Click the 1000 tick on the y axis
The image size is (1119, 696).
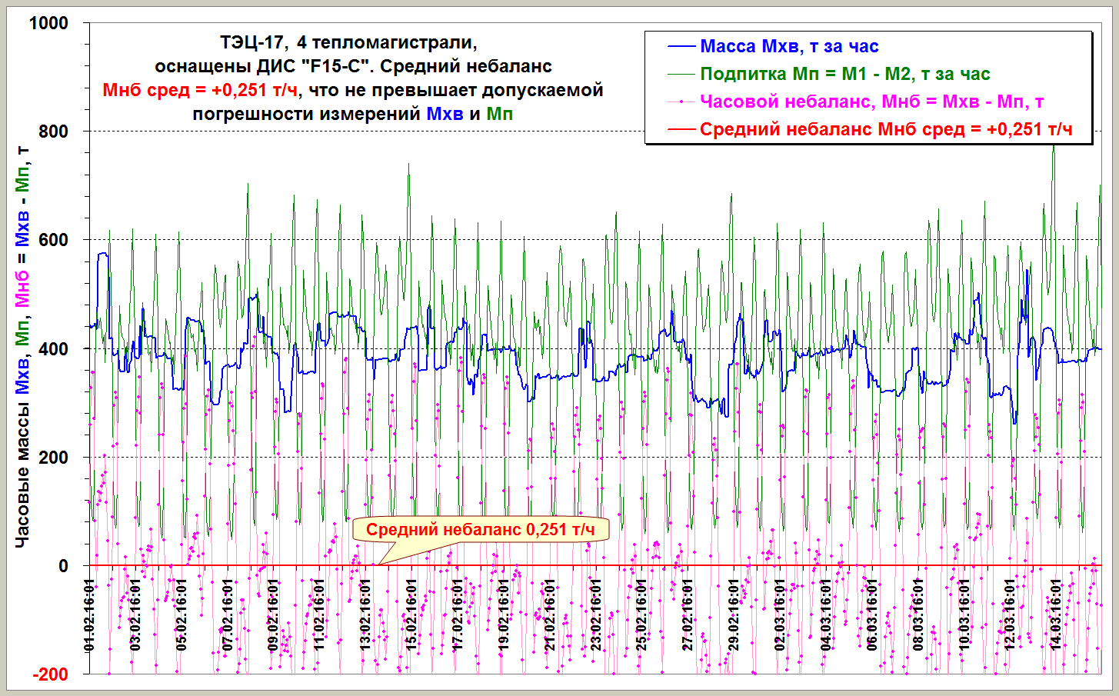coord(48,23)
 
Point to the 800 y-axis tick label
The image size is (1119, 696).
coord(53,132)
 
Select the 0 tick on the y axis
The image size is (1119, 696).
coord(64,566)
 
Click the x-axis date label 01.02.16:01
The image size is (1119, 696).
coord(89,614)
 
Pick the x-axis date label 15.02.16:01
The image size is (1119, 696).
coord(411,614)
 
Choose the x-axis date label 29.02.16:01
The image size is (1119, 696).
coord(734,614)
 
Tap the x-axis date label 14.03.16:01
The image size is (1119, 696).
coord(1056,614)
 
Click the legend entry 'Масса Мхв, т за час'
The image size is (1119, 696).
coord(789,46)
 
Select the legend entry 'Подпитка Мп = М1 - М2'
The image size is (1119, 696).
coord(844,74)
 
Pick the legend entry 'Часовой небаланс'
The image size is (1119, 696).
coord(871,102)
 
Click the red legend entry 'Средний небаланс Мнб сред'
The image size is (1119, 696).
coord(885,129)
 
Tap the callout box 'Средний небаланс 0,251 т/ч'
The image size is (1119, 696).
coord(480,529)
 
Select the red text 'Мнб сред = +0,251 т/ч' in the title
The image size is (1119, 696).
coord(200,90)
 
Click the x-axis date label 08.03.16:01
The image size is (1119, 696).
coord(918,614)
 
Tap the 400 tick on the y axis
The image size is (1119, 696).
coord(53,348)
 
